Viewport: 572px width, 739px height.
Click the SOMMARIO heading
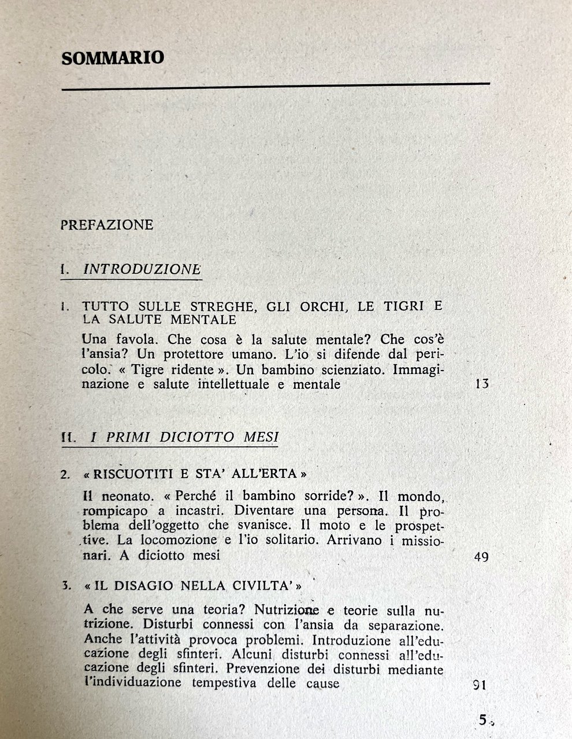pyautogui.click(x=113, y=58)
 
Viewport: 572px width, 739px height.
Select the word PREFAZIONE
pyautogui.click(x=107, y=225)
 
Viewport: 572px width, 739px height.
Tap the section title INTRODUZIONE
pyautogui.click(x=142, y=269)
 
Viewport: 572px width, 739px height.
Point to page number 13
pyautogui.click(x=481, y=383)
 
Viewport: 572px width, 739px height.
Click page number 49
pyautogui.click(x=481, y=557)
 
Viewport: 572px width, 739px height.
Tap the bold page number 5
pyautogui.click(x=482, y=720)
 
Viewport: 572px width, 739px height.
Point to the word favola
pyautogui.click(x=135, y=338)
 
